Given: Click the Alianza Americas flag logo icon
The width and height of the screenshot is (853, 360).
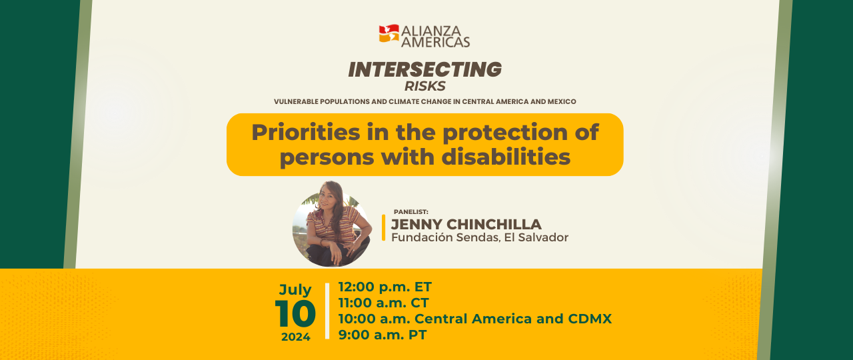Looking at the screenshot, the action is pyautogui.click(x=389, y=33).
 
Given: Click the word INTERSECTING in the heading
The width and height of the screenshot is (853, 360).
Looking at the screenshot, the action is pyautogui.click(x=425, y=69).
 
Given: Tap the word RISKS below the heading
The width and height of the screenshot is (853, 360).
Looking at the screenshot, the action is pyautogui.click(x=425, y=87).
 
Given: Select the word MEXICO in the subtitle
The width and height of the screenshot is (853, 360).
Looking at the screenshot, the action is pyautogui.click(x=562, y=102).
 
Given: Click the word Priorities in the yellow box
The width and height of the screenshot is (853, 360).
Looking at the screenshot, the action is pyautogui.click(x=306, y=132).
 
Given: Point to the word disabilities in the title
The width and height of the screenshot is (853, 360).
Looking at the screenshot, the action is pyautogui.click(x=506, y=157).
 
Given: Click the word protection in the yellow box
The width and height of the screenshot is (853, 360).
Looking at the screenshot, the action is pyautogui.click(x=506, y=133).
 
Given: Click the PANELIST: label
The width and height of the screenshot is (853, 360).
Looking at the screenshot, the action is pyautogui.click(x=411, y=212).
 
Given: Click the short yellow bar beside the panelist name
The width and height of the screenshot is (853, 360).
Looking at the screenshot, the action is pyautogui.click(x=383, y=227).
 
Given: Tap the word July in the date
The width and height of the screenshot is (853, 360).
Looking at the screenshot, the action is pyautogui.click(x=295, y=290).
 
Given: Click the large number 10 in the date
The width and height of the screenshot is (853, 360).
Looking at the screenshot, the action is pyautogui.click(x=295, y=313).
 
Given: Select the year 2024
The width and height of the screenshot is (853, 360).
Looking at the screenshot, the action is pyautogui.click(x=296, y=337).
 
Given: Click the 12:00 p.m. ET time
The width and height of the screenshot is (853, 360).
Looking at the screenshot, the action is pyautogui.click(x=385, y=287).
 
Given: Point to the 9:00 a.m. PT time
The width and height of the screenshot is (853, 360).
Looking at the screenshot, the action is pyautogui.click(x=383, y=335).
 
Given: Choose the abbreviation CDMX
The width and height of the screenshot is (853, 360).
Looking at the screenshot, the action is pyautogui.click(x=590, y=319).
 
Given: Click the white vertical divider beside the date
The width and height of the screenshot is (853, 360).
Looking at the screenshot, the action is pyautogui.click(x=327, y=311).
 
